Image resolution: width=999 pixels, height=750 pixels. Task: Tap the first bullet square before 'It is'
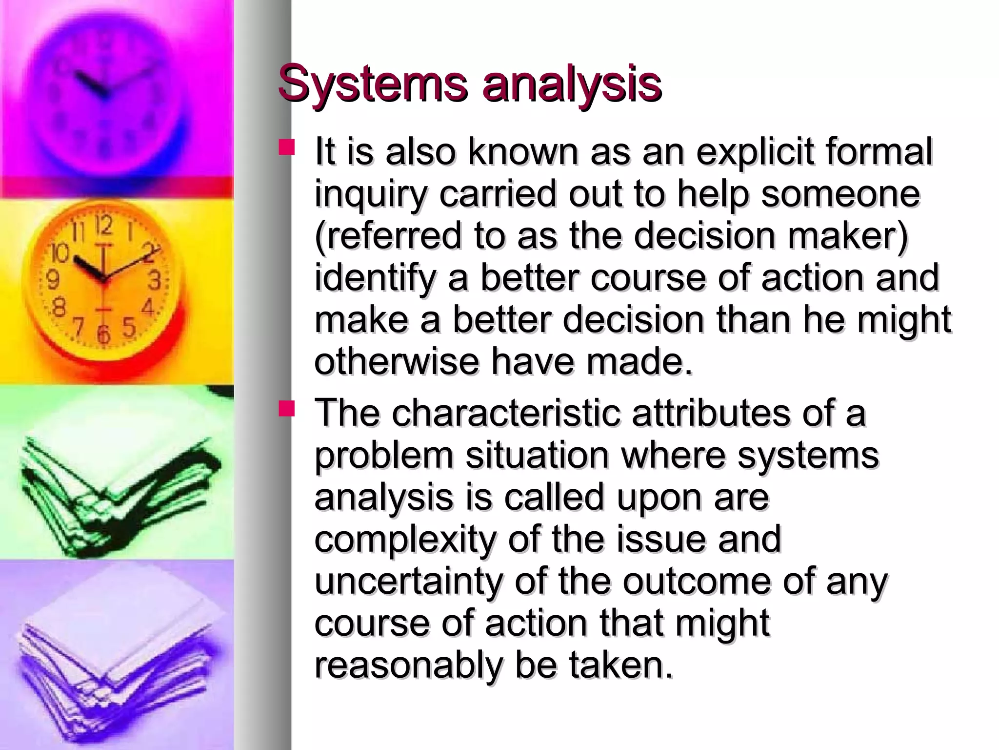pos(286,148)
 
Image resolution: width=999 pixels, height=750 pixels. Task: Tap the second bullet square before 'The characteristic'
pos(286,409)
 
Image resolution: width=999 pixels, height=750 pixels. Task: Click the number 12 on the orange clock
pos(104,226)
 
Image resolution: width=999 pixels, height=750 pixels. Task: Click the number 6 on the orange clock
pos(103,335)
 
